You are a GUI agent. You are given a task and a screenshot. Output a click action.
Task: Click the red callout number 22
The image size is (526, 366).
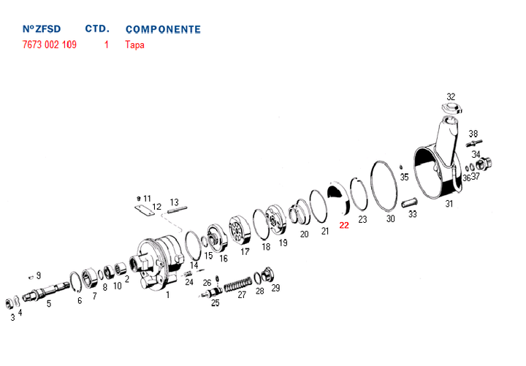[344, 225]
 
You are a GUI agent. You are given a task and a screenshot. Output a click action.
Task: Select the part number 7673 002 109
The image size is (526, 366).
[50, 45]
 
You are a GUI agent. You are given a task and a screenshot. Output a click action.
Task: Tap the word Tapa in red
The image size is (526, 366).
[134, 45]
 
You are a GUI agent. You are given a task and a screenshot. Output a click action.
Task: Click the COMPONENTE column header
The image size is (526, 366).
[163, 29]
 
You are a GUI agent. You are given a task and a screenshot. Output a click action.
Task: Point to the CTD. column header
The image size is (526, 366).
[97, 28]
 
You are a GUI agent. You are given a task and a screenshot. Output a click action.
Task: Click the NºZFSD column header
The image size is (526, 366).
[42, 28]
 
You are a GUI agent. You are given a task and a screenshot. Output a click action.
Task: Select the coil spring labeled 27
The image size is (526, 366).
[237, 285]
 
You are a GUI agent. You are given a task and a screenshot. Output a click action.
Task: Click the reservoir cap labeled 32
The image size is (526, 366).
[451, 108]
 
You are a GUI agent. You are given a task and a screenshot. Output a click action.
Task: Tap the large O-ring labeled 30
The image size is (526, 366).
[384, 186]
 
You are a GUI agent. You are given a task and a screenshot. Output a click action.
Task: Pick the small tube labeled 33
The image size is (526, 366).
[409, 202]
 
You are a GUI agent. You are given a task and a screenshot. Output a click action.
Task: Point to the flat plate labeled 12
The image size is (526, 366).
[145, 210]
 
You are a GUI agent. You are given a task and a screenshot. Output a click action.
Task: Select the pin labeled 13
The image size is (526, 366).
[177, 210]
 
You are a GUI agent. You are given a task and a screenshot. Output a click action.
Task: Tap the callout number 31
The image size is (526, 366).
[449, 204]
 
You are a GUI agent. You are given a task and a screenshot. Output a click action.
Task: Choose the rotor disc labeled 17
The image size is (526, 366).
[240, 231]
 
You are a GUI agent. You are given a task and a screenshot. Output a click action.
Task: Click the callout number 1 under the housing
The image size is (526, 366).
[168, 295]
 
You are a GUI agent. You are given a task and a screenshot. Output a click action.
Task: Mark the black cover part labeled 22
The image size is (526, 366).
[339, 197]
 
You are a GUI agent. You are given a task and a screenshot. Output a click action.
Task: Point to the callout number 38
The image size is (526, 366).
[473, 134]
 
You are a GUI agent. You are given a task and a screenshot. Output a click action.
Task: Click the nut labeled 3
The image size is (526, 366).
[9, 303]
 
